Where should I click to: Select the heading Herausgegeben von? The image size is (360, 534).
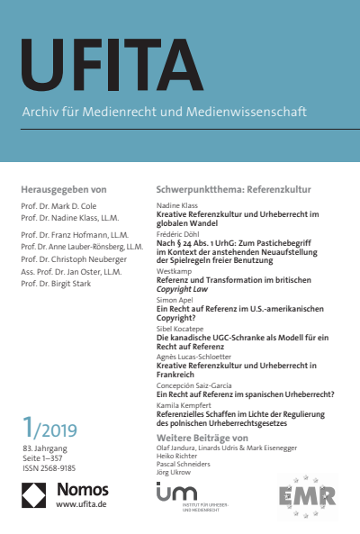click(x=63, y=190)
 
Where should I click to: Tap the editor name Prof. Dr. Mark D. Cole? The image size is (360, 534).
click(x=59, y=207)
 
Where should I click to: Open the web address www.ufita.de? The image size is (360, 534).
click(x=82, y=506)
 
